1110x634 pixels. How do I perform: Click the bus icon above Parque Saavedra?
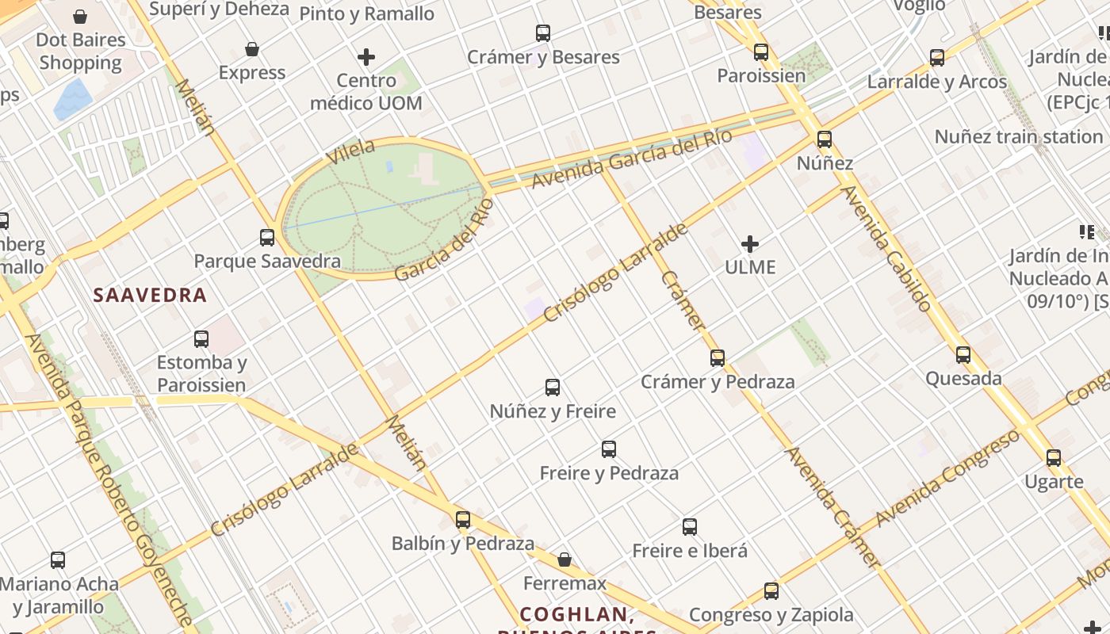[267, 237]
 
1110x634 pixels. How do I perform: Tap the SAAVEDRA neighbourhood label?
[150, 296]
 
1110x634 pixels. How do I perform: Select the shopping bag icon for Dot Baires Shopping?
[80, 17]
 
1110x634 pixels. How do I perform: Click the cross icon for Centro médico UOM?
[366, 57]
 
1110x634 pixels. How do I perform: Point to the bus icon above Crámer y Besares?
[543, 33]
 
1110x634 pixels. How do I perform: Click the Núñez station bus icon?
[825, 139]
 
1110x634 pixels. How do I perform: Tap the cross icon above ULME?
[750, 243]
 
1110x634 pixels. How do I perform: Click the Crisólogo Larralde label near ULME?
[616, 274]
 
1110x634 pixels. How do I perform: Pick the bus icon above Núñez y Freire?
[553, 388]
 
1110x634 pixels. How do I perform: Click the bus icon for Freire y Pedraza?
[609, 449]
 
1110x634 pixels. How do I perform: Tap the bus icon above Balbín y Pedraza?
[463, 520]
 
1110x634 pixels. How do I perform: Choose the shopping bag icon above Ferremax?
[565, 560]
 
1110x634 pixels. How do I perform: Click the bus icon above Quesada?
[963, 355]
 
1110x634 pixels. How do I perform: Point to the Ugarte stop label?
[1054, 482]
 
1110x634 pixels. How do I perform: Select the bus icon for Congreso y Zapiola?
[771, 590]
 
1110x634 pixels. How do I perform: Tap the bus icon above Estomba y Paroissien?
[201, 339]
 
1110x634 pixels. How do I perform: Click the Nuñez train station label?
[1019, 136]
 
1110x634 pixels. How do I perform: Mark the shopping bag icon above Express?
[252, 49]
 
